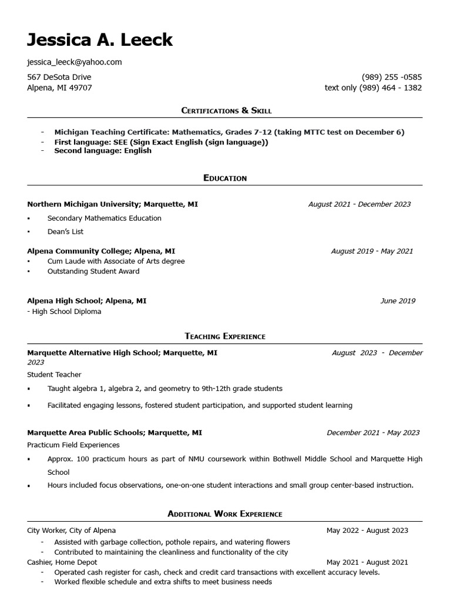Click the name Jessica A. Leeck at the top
(x=100, y=40)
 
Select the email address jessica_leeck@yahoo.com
(x=75, y=62)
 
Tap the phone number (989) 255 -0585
(x=392, y=77)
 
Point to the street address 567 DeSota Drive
(x=59, y=77)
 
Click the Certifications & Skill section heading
(x=226, y=110)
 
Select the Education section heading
(x=225, y=178)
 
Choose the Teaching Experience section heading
(x=225, y=336)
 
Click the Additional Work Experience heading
(x=225, y=514)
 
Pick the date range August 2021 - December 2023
(x=359, y=204)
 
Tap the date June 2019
(x=398, y=300)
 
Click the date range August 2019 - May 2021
(x=372, y=251)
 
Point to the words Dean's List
(x=65, y=231)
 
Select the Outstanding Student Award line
(x=93, y=271)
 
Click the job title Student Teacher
(x=54, y=374)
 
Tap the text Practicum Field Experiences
(x=73, y=445)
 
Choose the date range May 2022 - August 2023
(x=367, y=531)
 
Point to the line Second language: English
(x=103, y=151)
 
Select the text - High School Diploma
(x=64, y=312)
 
